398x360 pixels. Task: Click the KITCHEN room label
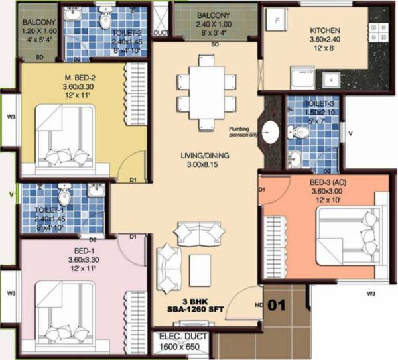(325, 30)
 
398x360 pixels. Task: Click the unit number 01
(277, 306)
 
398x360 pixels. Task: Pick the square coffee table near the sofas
(200, 267)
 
